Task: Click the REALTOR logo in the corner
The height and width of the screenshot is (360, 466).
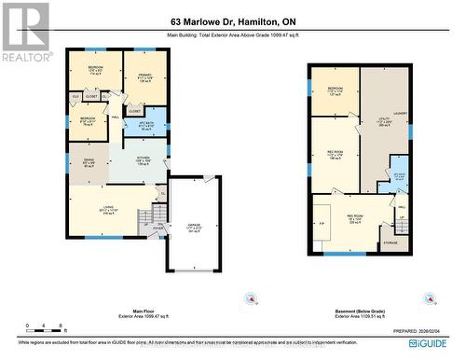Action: pos(25,32)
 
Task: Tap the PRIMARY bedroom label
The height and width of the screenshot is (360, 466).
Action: pos(144,78)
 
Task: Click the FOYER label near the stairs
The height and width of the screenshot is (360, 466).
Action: pos(158,227)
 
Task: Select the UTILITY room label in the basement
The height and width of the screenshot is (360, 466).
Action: pos(382,122)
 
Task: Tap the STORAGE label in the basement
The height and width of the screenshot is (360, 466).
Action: pos(390,245)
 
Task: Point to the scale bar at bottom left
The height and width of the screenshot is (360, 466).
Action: pos(29,327)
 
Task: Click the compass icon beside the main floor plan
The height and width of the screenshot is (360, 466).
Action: pos(247,298)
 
